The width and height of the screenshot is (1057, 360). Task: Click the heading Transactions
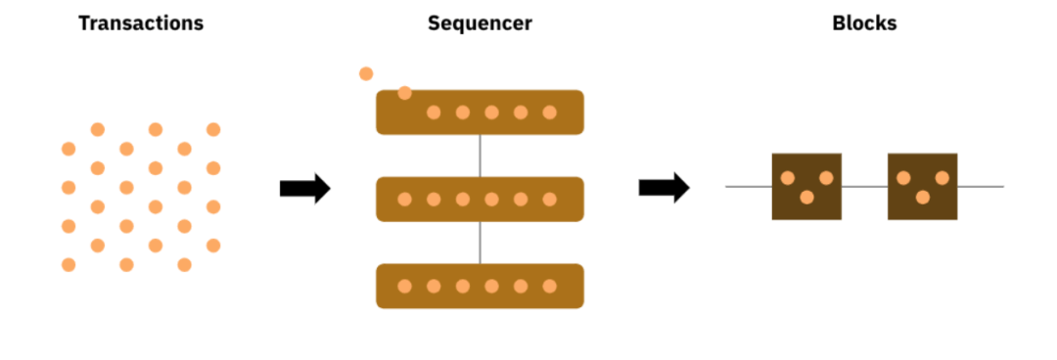[141, 23]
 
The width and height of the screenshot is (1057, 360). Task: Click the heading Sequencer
[480, 23]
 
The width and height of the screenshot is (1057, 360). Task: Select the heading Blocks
[863, 23]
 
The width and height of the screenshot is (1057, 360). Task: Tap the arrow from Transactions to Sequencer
[304, 188]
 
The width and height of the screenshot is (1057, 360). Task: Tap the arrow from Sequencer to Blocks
[664, 187]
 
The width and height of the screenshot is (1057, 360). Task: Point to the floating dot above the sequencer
[366, 73]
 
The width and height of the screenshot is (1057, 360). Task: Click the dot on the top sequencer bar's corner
[404, 93]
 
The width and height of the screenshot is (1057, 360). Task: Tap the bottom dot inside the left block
[806, 198]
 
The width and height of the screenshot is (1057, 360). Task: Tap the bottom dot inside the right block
[922, 198]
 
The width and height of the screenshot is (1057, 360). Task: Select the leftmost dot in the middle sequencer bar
[404, 200]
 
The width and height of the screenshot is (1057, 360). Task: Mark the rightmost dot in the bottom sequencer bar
[549, 287]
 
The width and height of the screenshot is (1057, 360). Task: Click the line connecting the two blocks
[864, 186]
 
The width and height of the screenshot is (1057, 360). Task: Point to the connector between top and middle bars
[480, 156]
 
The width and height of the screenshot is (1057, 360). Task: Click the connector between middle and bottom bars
[480, 243]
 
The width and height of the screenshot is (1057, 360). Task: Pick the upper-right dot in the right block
[942, 178]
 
